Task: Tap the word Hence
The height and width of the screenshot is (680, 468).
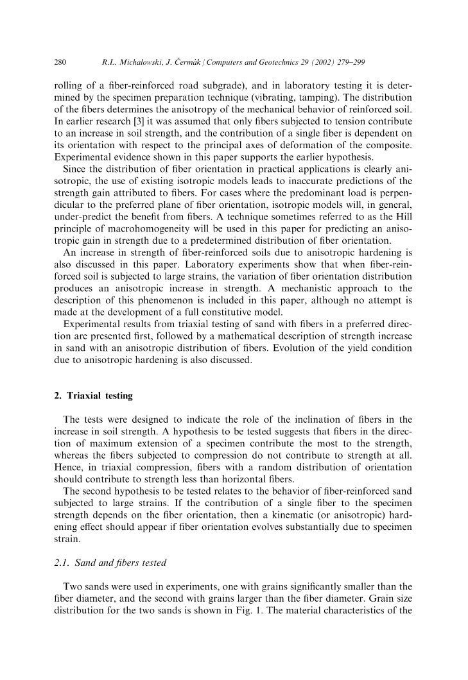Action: coord(67,469)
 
